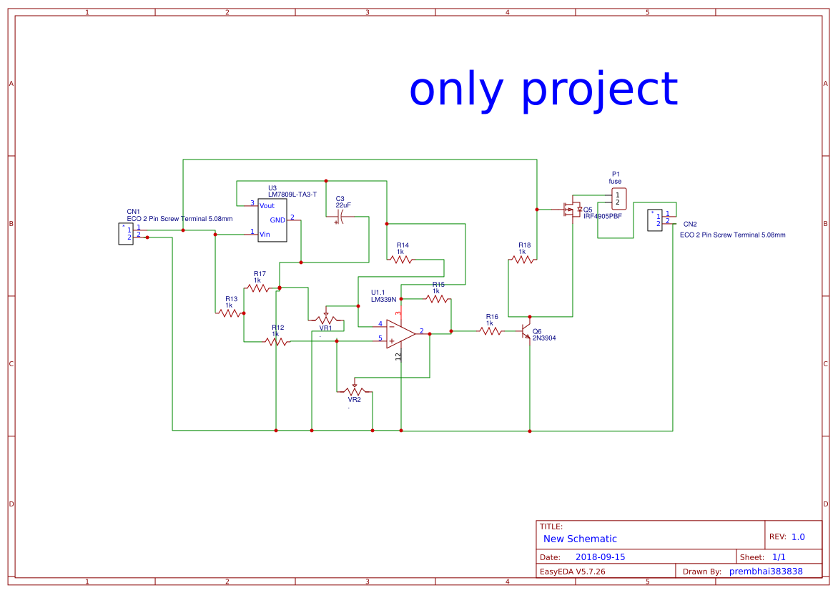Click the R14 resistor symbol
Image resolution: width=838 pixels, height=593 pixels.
coord(400,260)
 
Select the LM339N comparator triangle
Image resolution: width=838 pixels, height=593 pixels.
coord(400,333)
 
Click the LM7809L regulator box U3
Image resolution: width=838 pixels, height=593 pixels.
coord(272,220)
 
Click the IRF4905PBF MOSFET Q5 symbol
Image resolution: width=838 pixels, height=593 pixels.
coord(571,210)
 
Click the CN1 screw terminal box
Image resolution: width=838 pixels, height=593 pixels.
coord(126,233)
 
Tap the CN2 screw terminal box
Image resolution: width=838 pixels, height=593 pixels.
coord(655,220)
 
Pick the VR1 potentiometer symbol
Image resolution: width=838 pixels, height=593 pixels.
coord(326,319)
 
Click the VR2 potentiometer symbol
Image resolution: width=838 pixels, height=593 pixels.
coord(354,391)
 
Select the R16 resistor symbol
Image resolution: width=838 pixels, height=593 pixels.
coord(491,331)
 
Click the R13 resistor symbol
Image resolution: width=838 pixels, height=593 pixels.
coord(231,313)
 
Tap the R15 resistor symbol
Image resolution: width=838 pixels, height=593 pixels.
coord(437,298)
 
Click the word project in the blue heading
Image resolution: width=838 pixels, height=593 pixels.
coord(598,91)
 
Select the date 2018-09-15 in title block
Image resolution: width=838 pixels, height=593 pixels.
coord(600,557)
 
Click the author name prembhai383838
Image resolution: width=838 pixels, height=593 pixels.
coord(766,571)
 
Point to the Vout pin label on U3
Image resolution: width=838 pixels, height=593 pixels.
coord(267,205)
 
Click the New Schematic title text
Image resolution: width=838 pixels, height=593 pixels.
coord(580,539)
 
